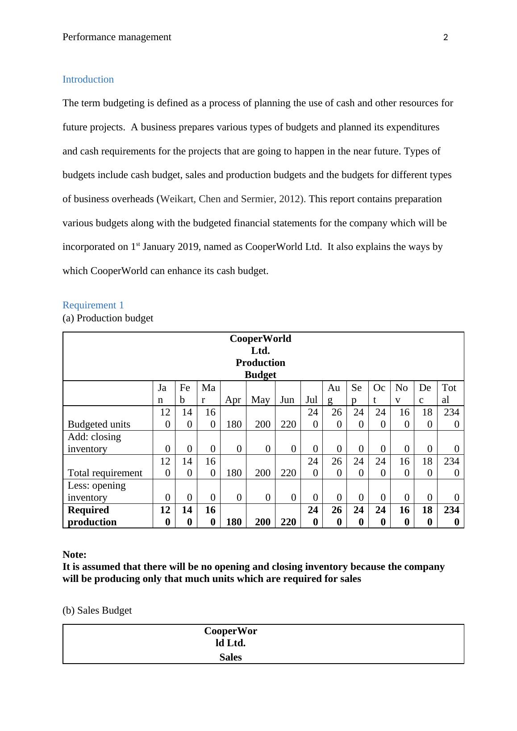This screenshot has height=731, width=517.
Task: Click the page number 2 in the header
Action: pyautogui.click(x=445, y=38)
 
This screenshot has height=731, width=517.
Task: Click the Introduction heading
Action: pyautogui.click(x=88, y=79)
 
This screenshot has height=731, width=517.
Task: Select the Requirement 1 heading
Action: pyautogui.click(x=93, y=305)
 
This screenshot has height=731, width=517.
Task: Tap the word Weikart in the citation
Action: pyautogui.click(x=177, y=199)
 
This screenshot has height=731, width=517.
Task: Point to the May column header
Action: pyautogui.click(x=260, y=400)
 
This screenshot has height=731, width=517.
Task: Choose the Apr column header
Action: pyautogui.click(x=233, y=400)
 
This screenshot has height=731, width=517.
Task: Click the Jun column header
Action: pyautogui.click(x=287, y=400)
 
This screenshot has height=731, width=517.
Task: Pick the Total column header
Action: pyautogui.click(x=449, y=394)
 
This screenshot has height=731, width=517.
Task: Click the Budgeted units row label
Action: pyautogui.click(x=99, y=424)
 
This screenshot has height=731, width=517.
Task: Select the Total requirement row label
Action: pyautogui.click(x=105, y=473)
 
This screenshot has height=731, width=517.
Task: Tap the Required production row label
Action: pyautogui.click(x=92, y=516)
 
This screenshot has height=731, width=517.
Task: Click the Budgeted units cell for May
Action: pyautogui.click(x=263, y=424)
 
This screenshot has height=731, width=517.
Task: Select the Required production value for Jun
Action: pyautogui.click(x=288, y=522)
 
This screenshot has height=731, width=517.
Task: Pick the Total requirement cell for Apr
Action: pyautogui.click(x=234, y=473)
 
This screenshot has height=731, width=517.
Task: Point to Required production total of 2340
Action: pyautogui.click(x=451, y=516)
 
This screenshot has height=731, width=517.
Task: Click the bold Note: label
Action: pyautogui.click(x=75, y=555)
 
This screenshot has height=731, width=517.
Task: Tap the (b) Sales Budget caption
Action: pyautogui.click(x=97, y=611)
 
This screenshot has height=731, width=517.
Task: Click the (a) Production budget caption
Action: pyautogui.click(x=108, y=318)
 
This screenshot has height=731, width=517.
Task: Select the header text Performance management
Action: pyautogui.click(x=117, y=37)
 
